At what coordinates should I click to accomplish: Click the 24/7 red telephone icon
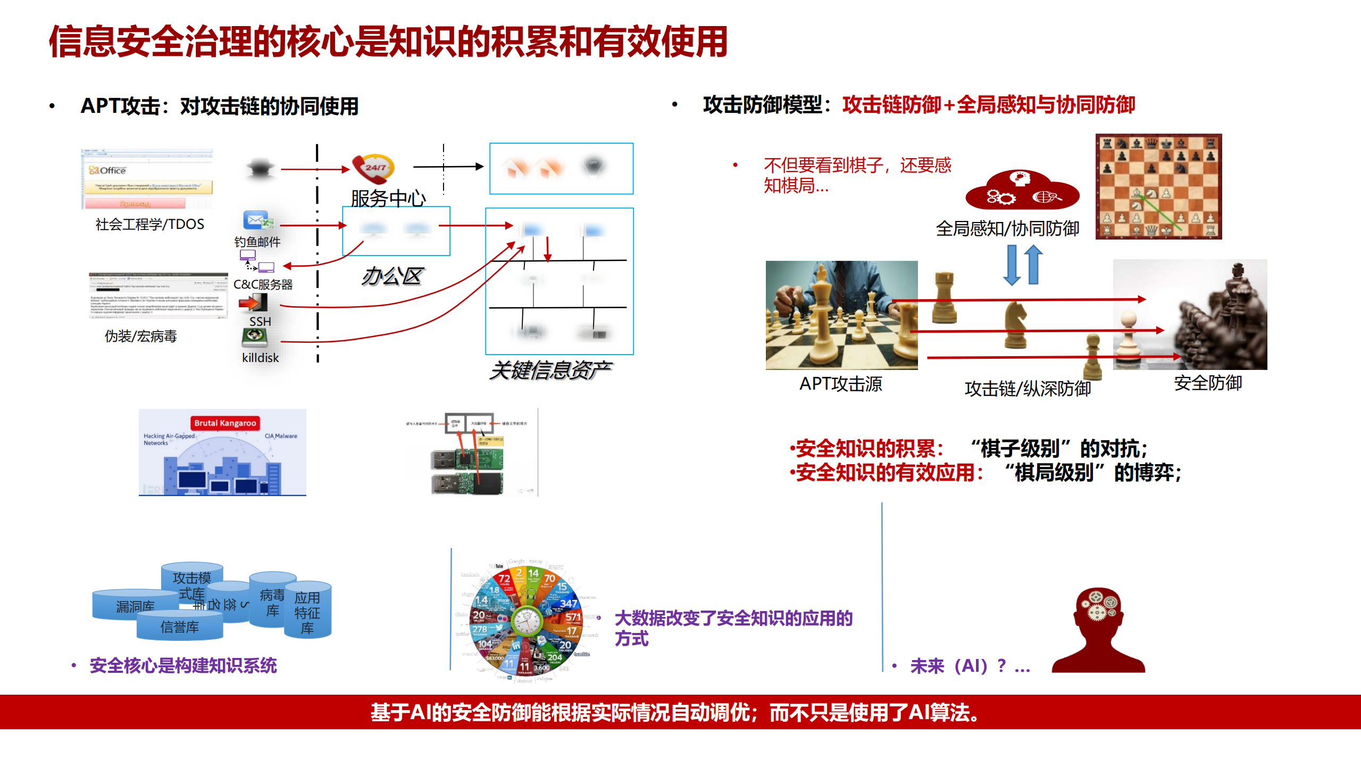click(x=373, y=168)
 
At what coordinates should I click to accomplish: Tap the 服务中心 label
click(x=388, y=199)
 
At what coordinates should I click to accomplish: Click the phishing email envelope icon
click(x=257, y=220)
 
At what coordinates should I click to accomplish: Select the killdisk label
click(x=260, y=358)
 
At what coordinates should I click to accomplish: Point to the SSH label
click(x=260, y=322)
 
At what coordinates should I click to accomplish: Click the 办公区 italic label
click(x=392, y=276)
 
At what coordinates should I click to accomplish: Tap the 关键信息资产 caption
click(x=550, y=370)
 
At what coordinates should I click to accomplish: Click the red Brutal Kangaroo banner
click(x=225, y=423)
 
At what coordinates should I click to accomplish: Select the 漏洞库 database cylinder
click(x=135, y=606)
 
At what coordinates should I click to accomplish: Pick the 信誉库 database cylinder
click(x=180, y=627)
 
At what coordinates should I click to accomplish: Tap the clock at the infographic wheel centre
click(x=526, y=621)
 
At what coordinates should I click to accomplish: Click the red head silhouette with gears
click(x=1098, y=630)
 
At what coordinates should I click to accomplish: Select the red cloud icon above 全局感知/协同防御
click(x=1022, y=191)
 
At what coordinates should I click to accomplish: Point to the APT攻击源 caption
click(x=841, y=384)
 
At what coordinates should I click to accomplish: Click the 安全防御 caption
click(x=1208, y=383)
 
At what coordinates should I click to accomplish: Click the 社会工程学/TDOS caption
click(x=149, y=224)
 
